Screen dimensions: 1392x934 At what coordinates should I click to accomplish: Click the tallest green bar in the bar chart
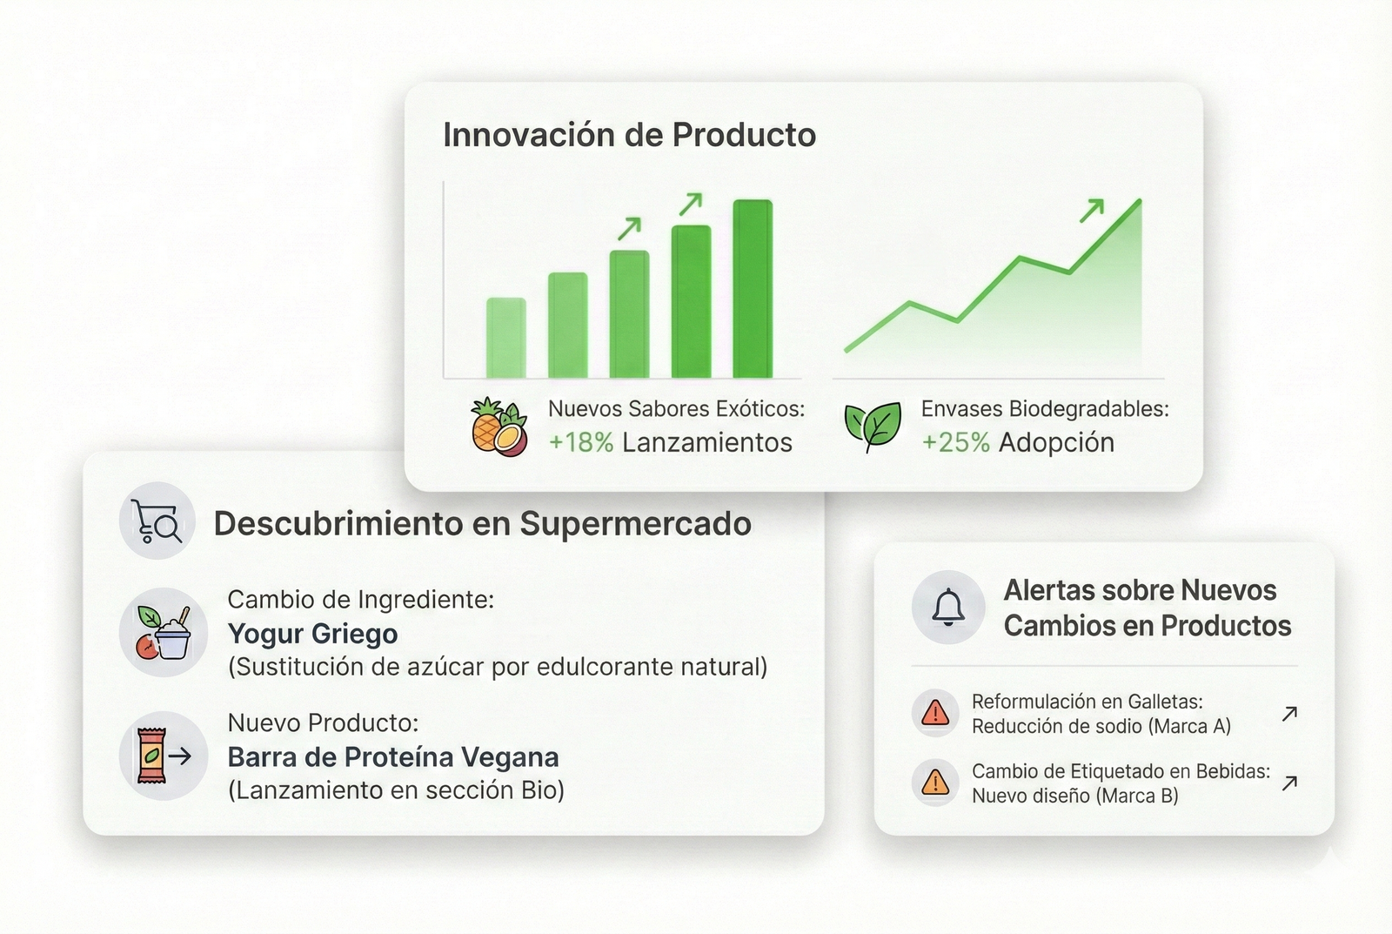pos(753,288)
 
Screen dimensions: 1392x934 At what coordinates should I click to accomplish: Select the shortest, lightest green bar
pos(505,338)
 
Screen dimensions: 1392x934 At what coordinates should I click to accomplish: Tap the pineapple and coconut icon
pos(499,427)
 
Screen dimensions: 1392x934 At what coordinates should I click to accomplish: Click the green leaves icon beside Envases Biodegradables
pos(873,427)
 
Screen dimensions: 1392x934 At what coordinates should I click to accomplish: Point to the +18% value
pos(581,443)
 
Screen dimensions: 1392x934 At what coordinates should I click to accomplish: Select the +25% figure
pos(955,443)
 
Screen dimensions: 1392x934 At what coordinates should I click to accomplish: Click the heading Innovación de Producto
pos(629,135)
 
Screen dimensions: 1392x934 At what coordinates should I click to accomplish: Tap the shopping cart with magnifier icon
pos(157,521)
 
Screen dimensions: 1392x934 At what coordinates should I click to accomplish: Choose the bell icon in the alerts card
pos(948,607)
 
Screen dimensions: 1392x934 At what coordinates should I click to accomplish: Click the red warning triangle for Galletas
pos(935,713)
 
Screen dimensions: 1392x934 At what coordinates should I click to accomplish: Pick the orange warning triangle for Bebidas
pos(935,783)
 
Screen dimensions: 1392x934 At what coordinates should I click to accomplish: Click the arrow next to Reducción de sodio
pos(1289,714)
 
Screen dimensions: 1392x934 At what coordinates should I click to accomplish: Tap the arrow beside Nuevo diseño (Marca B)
pos(1289,783)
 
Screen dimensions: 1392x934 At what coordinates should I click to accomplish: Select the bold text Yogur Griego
pos(312,635)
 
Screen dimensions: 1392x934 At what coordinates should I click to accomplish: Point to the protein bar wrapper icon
pos(151,756)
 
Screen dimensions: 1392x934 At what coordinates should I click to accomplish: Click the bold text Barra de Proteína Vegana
pos(393,757)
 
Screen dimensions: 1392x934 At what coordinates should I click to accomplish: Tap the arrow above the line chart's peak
pos(1092,210)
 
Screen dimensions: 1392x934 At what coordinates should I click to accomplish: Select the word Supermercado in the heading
pos(636,524)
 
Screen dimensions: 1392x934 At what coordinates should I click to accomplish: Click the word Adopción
pos(1056,443)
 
